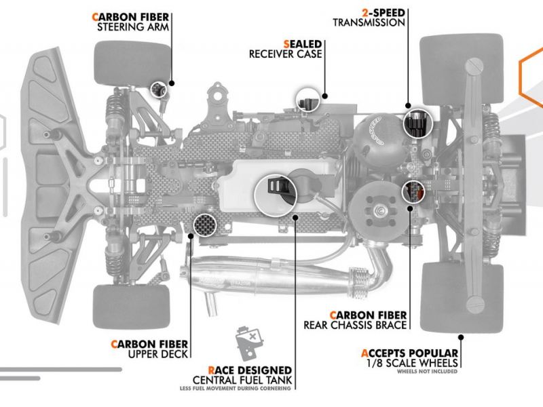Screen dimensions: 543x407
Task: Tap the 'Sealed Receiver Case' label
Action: [x=285, y=49]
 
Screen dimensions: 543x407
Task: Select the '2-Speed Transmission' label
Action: [x=369, y=18]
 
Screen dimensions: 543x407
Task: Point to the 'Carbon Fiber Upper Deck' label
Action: [x=149, y=349]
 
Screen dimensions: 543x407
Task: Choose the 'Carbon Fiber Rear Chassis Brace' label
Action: [x=355, y=320]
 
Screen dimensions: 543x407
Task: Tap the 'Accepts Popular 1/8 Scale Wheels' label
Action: [x=409, y=358]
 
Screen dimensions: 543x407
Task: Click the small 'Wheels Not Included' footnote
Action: [x=427, y=371]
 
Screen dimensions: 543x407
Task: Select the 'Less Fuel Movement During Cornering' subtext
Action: [x=235, y=388]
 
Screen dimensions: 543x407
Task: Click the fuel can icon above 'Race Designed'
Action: [x=248, y=343]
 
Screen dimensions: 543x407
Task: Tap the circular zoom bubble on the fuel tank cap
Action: [x=276, y=195]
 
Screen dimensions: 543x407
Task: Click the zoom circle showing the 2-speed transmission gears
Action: [x=418, y=123]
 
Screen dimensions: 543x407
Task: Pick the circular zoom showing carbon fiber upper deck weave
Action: [x=205, y=225]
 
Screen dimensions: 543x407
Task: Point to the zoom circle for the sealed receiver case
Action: [x=308, y=100]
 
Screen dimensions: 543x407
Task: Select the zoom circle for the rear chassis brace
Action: [x=413, y=191]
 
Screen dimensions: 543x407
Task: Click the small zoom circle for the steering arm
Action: [x=159, y=90]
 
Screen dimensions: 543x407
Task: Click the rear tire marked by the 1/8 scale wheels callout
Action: [x=462, y=297]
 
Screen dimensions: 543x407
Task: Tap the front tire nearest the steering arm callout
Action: [x=132, y=64]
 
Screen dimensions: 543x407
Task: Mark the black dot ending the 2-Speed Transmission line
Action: [x=408, y=106]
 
